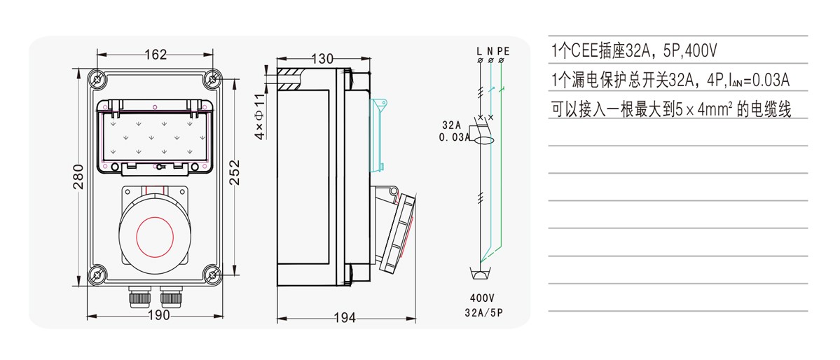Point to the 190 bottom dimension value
pyautogui.click(x=159, y=316)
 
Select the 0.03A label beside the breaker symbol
pyautogui.click(x=455, y=138)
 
